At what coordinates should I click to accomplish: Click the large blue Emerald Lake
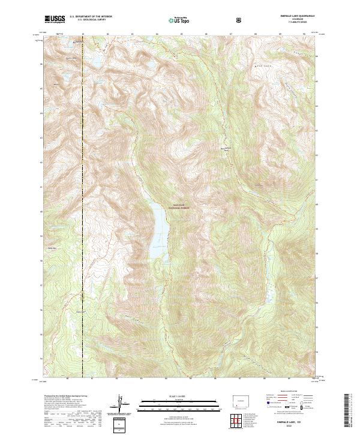(158, 231)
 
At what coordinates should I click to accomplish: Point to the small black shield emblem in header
(240, 20)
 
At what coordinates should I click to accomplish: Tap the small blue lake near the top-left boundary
(94, 62)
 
